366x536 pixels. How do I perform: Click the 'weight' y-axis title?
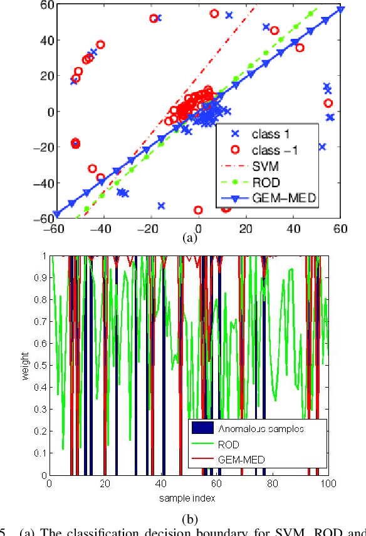click(24, 365)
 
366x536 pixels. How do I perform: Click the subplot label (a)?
click(189, 238)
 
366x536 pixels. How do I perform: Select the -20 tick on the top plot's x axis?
click(150, 229)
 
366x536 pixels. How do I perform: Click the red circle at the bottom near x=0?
click(199, 210)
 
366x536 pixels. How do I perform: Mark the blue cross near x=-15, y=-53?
click(161, 205)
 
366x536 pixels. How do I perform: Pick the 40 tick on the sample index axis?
click(161, 483)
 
